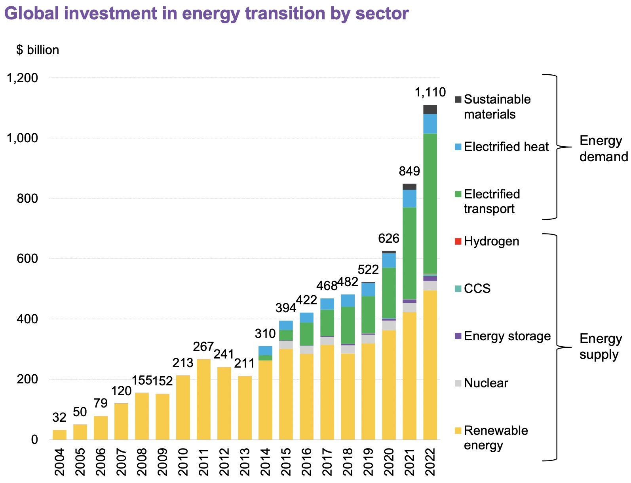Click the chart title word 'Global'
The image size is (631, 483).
pos(32,13)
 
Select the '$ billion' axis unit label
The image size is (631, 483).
pos(38,50)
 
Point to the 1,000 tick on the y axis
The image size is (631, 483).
pos(22,138)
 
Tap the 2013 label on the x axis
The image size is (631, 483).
pos(244,462)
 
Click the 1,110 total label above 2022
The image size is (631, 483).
pos(430,92)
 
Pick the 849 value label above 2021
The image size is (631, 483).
pos(409,171)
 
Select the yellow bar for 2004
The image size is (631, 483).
pos(59,434)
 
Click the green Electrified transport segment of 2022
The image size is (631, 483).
pos(430,204)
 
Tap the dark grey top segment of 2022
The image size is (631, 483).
pos(430,109)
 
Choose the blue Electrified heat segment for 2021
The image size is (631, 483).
pos(409,198)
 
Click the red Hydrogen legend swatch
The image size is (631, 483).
pos(458,241)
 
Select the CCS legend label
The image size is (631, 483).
pos(477,289)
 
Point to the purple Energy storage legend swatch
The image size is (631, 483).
pos(458,336)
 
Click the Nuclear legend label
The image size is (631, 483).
pos(486,383)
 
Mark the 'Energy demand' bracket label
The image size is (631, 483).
pos(602,149)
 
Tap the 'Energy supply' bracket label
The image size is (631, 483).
pos(600,346)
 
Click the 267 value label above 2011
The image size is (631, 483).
pos(203,347)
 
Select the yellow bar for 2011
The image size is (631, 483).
pos(203,399)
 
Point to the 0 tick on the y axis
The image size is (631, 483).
pos(34,440)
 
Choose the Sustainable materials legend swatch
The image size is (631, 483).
pos(458,99)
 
